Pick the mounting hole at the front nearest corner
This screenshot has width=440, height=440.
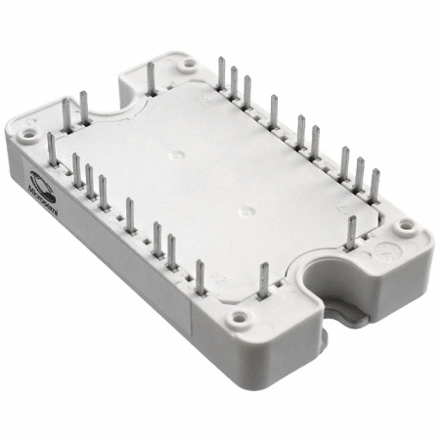pos(237,319)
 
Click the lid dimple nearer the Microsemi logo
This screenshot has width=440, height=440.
pos(172,154)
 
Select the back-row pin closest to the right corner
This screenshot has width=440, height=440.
pos(373,185)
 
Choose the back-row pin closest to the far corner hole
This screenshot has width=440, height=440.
pos(222,74)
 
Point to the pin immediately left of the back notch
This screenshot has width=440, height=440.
pos(84,108)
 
